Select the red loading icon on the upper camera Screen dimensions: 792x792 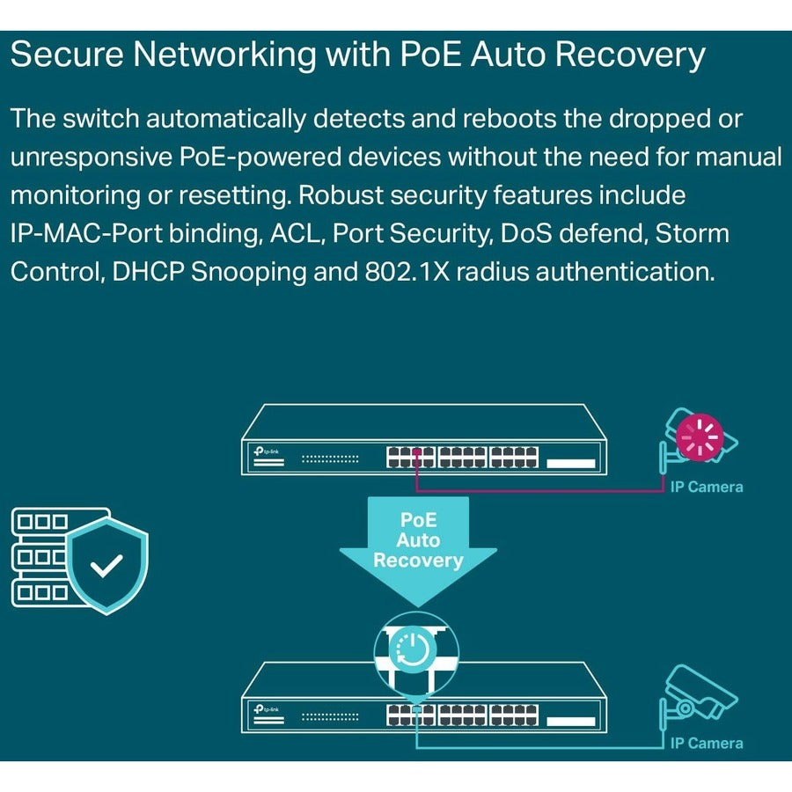[x=700, y=436]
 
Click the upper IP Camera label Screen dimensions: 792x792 [x=706, y=487]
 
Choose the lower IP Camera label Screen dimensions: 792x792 [x=706, y=744]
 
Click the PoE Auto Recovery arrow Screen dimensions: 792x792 [x=418, y=541]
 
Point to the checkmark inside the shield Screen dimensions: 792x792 [x=107, y=566]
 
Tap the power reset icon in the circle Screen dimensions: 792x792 [x=414, y=649]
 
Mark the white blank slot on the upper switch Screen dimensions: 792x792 [x=572, y=461]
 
